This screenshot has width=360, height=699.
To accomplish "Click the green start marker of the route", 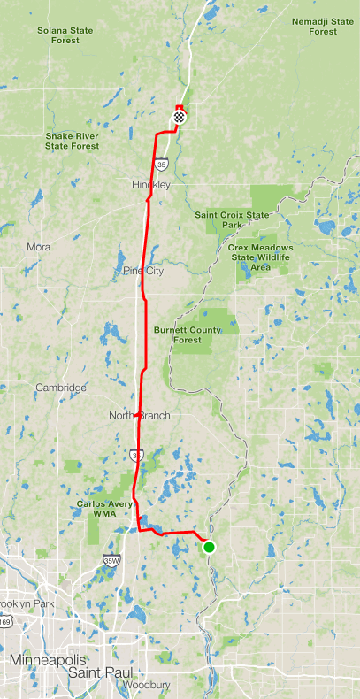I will click(209, 547).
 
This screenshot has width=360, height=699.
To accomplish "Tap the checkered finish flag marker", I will click(180, 115).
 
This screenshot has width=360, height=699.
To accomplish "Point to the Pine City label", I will click(144, 271).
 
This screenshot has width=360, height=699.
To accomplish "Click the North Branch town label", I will click(139, 415).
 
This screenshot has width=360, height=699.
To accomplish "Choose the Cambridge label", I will click(61, 388).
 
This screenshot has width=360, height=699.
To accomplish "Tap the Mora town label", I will click(39, 247).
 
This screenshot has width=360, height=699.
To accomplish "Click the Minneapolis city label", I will click(48, 660).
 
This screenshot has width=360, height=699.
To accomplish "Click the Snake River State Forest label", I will click(72, 141).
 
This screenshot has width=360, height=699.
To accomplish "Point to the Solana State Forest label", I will click(66, 35).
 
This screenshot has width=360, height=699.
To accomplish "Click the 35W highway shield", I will click(111, 560).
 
